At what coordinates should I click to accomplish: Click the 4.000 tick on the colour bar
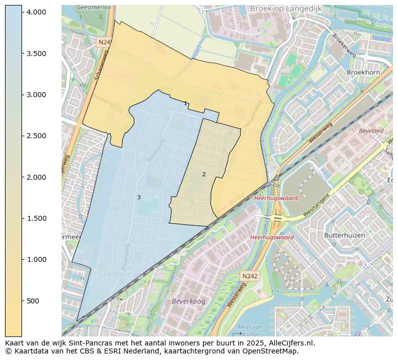[36, 12]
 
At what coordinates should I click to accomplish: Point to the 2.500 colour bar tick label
[36, 136]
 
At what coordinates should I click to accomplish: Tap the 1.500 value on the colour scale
[36, 218]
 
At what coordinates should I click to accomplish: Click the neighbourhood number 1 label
[185, 104]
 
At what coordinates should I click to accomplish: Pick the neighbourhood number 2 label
[204, 174]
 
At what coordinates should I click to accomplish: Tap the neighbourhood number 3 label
[139, 197]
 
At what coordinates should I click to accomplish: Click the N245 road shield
[104, 43]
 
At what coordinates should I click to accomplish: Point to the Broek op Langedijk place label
[286, 9]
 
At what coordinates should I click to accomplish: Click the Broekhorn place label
[363, 72]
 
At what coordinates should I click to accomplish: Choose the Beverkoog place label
[189, 301]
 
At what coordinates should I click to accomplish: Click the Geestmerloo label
[94, 8]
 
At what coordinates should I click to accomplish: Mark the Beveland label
[371, 131]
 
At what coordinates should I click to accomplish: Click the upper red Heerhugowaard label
[276, 198]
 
